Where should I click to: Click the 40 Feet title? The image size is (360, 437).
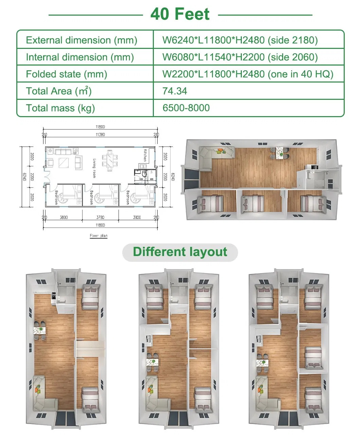180,14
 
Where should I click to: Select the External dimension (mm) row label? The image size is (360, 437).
82,40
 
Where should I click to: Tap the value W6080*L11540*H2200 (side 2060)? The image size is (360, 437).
240,57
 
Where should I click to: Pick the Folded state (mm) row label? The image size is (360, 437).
67,74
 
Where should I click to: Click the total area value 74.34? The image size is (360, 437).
175,91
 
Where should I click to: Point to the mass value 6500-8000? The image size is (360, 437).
186,108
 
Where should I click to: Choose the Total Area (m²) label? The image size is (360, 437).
59,91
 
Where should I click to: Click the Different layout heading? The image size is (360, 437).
180,252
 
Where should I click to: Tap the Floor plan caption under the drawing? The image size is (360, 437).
98,236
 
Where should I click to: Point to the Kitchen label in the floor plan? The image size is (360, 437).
145,155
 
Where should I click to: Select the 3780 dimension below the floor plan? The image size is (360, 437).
100,217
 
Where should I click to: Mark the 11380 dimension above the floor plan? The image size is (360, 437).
100,134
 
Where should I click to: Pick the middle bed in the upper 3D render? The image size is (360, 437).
252,203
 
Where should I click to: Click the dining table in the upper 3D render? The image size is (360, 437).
280,152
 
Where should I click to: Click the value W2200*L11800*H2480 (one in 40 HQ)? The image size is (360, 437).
248,74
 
